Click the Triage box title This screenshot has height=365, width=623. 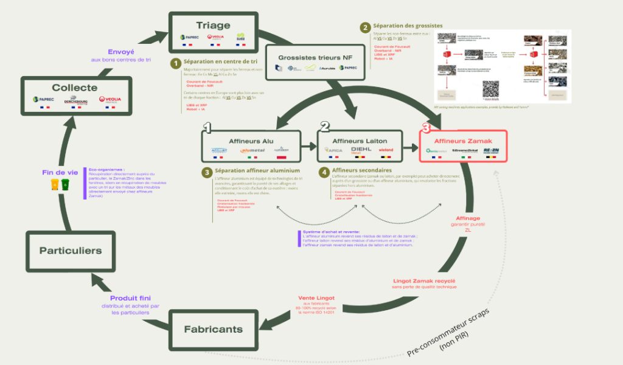pos(213,25)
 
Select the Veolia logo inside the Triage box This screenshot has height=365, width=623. pos(215,38)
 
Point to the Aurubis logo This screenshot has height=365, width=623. pos(329,68)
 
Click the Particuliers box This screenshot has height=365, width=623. pos(71,250)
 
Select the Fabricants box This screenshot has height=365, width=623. pos(213,329)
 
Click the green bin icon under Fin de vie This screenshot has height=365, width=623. pos(65,184)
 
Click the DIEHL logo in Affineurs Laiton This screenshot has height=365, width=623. pos(361,150)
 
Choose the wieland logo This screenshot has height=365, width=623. pos(387,150)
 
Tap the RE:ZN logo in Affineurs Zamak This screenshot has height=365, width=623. pos(490,150)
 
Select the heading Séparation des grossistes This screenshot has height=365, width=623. pos(407,26)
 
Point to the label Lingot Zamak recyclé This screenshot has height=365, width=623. pos(423,280)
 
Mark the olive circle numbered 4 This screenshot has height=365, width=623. pos(324,172)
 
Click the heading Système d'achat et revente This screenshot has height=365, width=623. pos(330,232)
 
